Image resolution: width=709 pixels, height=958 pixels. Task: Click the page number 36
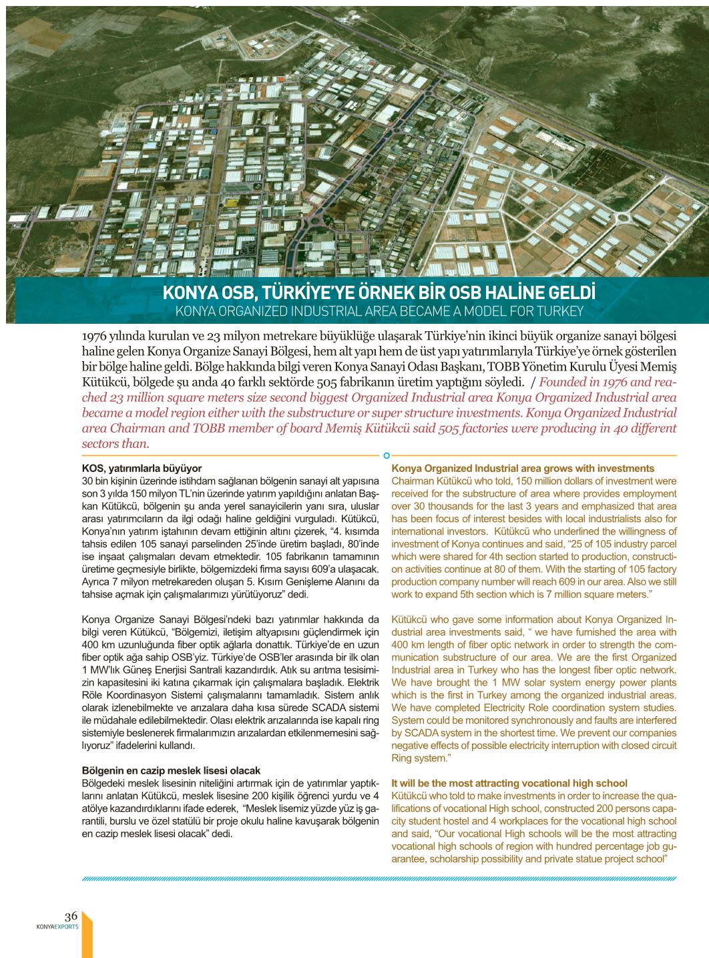(x=71, y=916)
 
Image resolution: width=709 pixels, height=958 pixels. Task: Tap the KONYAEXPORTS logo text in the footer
(x=57, y=927)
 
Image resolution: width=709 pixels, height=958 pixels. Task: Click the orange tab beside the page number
(x=87, y=937)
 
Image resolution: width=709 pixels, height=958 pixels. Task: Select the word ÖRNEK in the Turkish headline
(x=373, y=293)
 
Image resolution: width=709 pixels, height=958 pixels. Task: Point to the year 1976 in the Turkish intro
(x=94, y=335)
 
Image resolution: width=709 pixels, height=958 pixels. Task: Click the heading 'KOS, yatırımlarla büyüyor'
(x=142, y=469)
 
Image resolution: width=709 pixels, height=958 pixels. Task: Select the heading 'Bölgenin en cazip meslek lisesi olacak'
(x=171, y=770)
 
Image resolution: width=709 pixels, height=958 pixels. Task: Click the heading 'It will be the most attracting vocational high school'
(x=509, y=783)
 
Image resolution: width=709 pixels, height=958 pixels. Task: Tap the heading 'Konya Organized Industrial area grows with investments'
(x=523, y=469)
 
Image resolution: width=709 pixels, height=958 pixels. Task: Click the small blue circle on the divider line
(x=387, y=455)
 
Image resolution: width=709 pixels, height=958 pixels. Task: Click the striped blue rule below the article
(x=379, y=879)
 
